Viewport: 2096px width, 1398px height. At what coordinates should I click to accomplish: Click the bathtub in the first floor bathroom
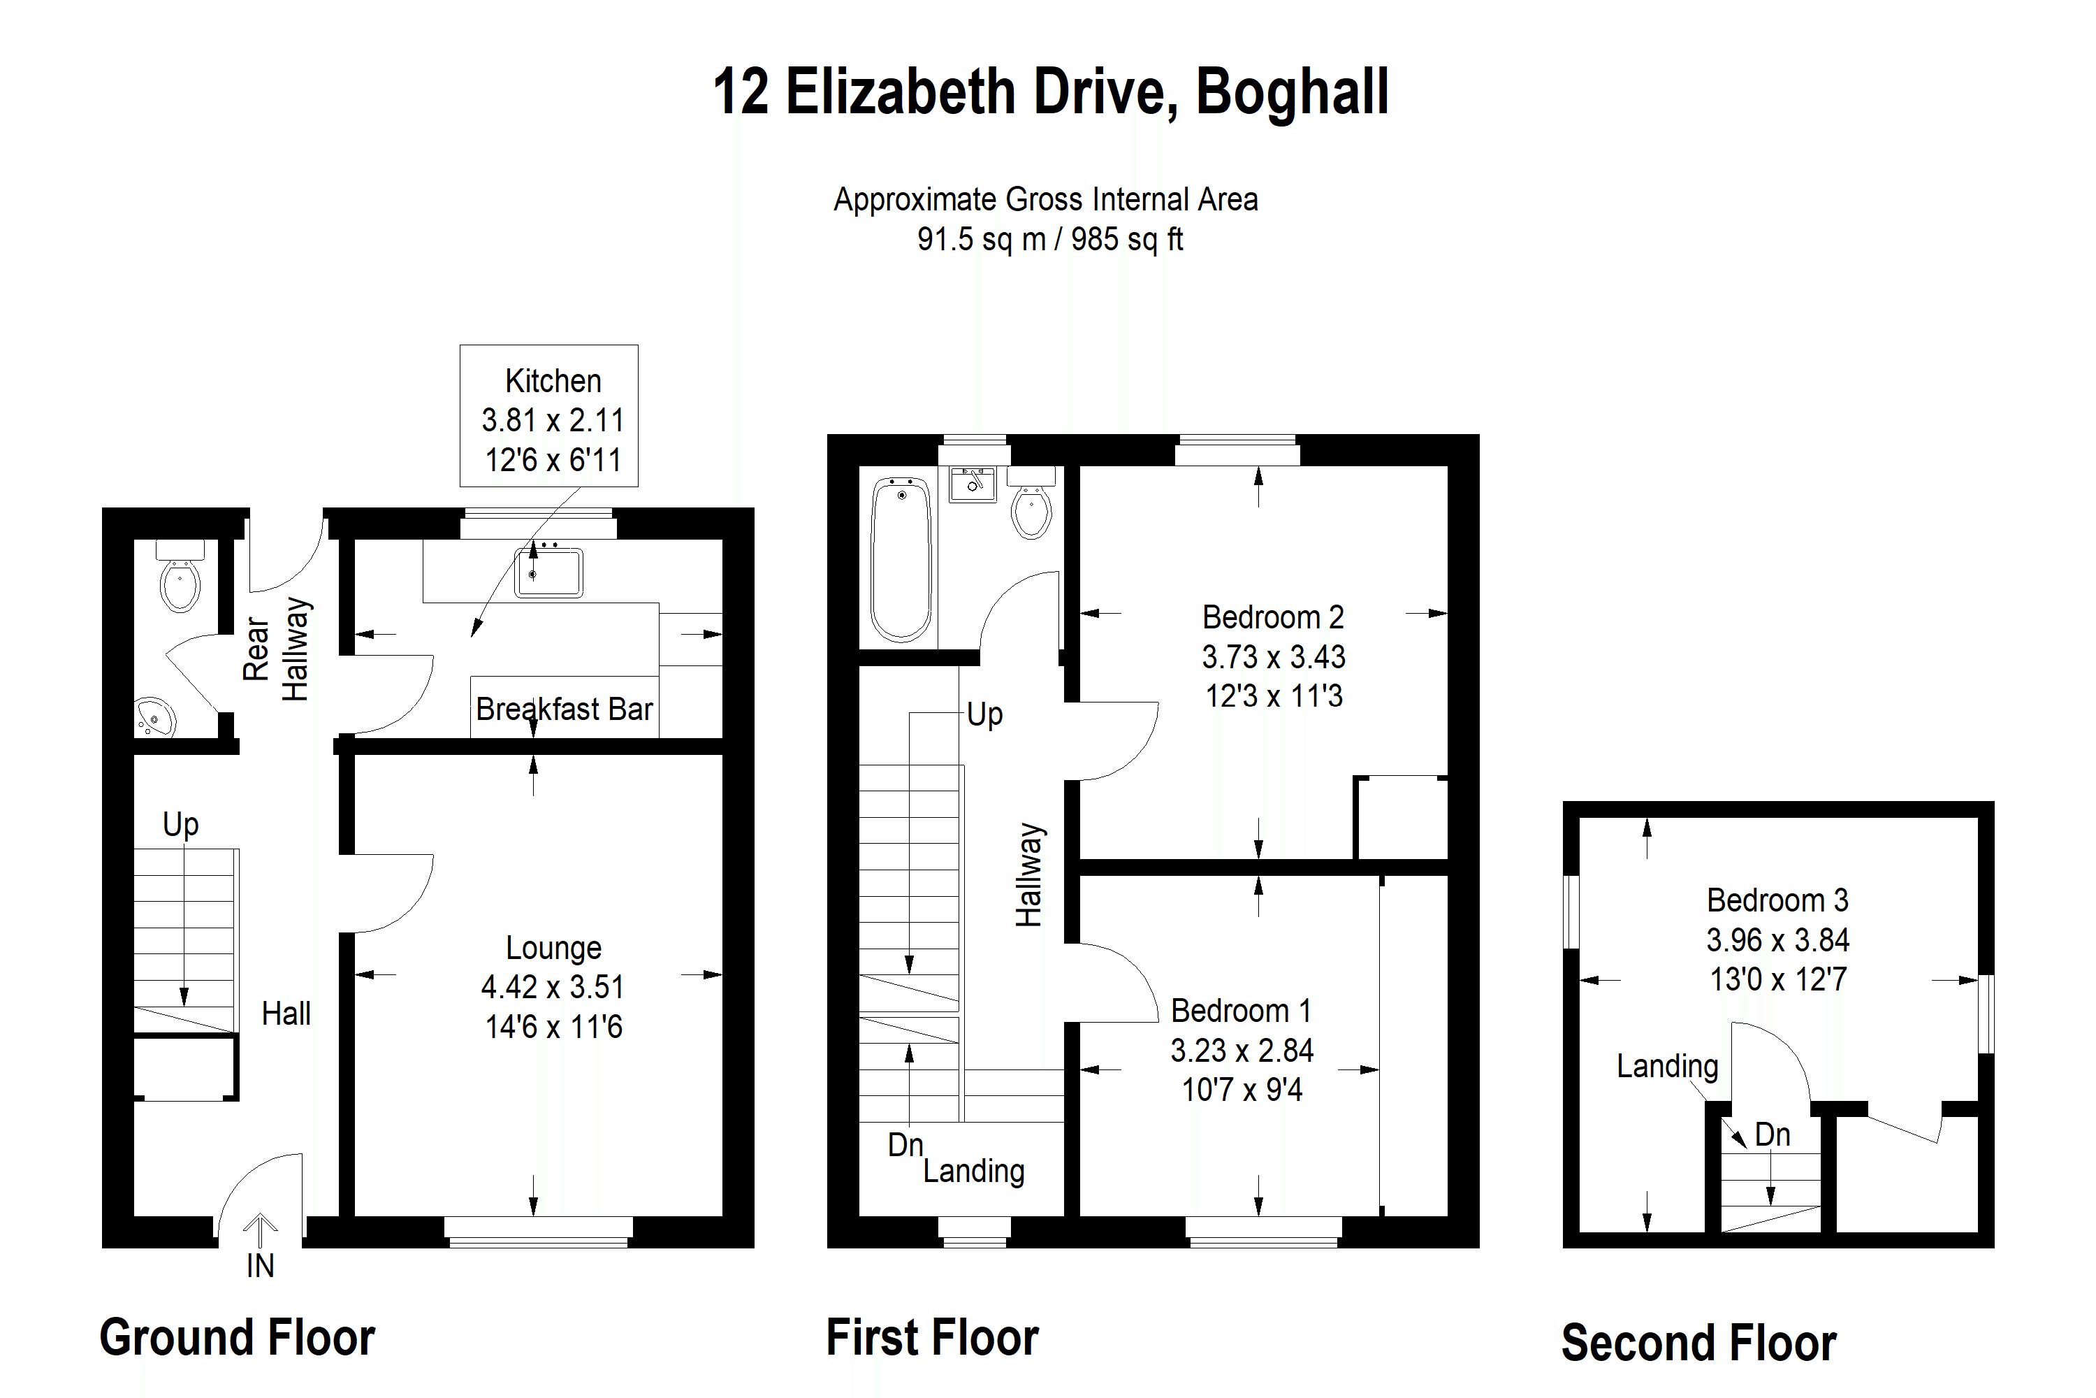(x=902, y=559)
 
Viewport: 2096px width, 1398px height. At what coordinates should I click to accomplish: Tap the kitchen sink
(x=549, y=572)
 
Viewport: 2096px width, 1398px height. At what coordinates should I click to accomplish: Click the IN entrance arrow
(x=260, y=1230)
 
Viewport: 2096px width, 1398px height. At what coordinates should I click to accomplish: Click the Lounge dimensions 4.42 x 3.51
(x=553, y=987)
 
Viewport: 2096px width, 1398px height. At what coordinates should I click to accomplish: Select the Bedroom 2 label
(x=1272, y=617)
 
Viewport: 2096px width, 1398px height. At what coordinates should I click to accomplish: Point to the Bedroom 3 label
(x=1777, y=900)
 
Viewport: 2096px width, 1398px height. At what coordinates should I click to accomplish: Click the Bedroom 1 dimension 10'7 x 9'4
(x=1242, y=1090)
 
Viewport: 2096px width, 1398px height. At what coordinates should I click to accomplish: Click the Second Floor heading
(x=1698, y=1343)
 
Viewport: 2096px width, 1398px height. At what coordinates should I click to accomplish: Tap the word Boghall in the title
(x=1292, y=93)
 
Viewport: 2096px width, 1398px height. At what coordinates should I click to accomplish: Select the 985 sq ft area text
(x=1128, y=239)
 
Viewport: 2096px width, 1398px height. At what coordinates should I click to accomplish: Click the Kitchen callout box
(x=549, y=415)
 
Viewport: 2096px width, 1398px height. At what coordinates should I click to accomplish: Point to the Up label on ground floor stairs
(x=181, y=826)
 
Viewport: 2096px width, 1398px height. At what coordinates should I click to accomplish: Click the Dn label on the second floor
(x=1773, y=1135)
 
